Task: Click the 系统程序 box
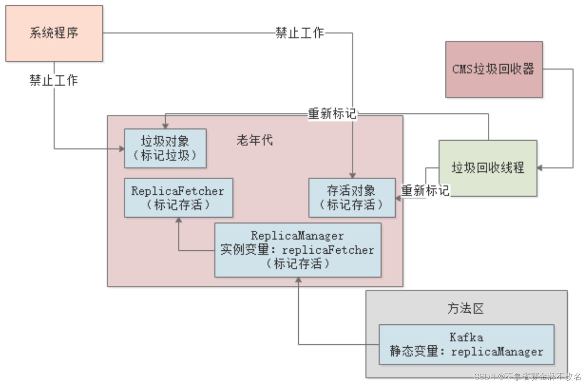click(54, 33)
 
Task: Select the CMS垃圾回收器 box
click(494, 69)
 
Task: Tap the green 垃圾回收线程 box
click(488, 168)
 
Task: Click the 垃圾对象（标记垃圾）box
click(165, 148)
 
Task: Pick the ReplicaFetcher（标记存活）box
click(178, 198)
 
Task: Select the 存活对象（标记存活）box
click(352, 198)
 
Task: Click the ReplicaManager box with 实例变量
click(297, 250)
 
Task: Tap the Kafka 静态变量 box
click(466, 345)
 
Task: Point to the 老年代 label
click(255, 140)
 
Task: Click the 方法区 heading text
click(465, 308)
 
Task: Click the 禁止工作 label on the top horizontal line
click(299, 33)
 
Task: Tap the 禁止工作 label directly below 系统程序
click(54, 80)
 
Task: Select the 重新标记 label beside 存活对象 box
click(425, 190)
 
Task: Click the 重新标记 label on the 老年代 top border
click(332, 113)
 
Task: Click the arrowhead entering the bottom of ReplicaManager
click(298, 280)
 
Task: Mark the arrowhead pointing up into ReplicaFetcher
click(179, 220)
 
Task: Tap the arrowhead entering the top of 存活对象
click(353, 175)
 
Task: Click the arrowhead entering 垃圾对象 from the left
click(121, 149)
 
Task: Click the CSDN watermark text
click(527, 376)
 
